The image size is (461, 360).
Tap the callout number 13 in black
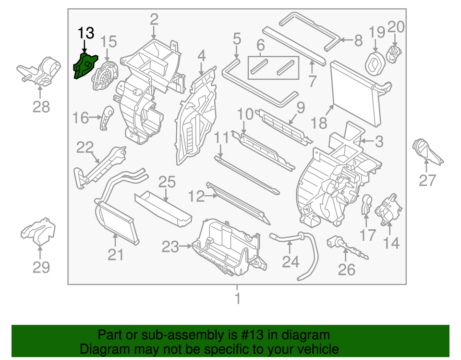86,34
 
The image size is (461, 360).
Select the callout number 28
41,106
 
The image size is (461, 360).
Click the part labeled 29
39,231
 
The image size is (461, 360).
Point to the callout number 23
170,247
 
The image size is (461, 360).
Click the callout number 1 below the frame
237,299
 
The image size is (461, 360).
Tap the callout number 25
167,182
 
